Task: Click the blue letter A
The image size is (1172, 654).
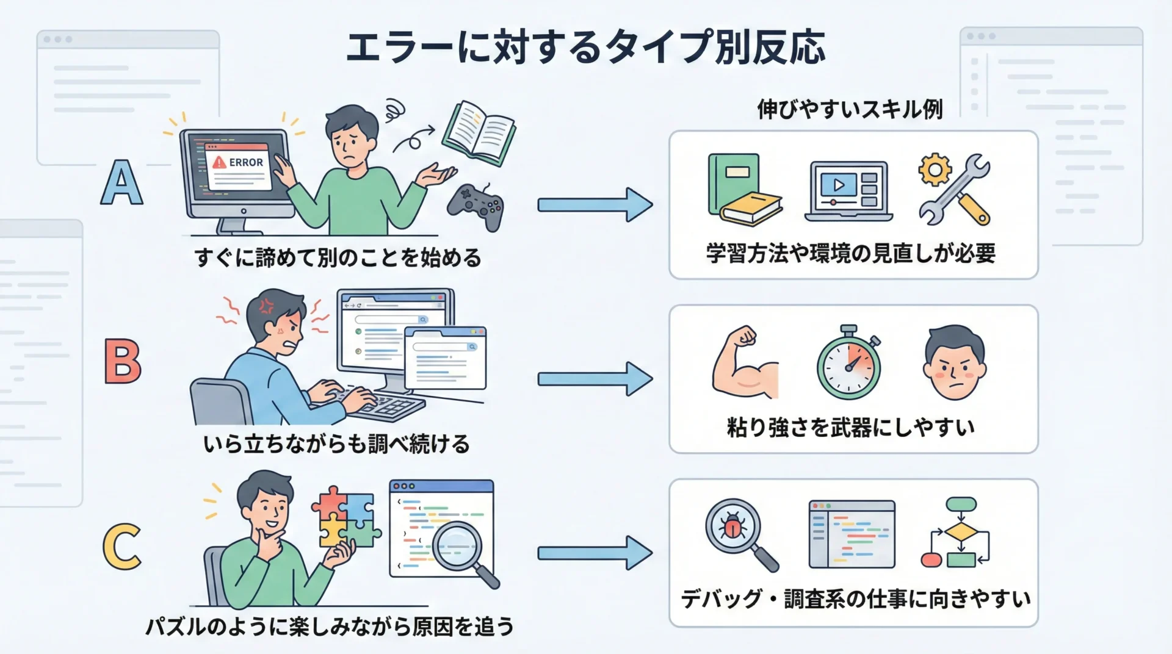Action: [x=122, y=182]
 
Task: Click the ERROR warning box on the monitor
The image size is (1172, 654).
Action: [x=239, y=167]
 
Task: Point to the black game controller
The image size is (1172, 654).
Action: [x=476, y=207]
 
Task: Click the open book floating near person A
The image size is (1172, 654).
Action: [x=479, y=132]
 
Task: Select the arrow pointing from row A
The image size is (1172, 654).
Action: [x=595, y=204]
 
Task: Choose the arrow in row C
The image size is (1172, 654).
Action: [x=595, y=553]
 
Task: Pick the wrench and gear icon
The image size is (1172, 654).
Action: [x=955, y=189]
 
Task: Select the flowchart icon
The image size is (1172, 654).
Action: [x=957, y=533]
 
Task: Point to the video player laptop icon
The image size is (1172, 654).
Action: [x=848, y=190]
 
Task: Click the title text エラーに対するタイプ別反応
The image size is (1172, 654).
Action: [x=585, y=47]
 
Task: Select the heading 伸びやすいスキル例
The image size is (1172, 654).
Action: [x=850, y=110]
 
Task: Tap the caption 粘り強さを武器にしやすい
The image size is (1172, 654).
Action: [x=851, y=427]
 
